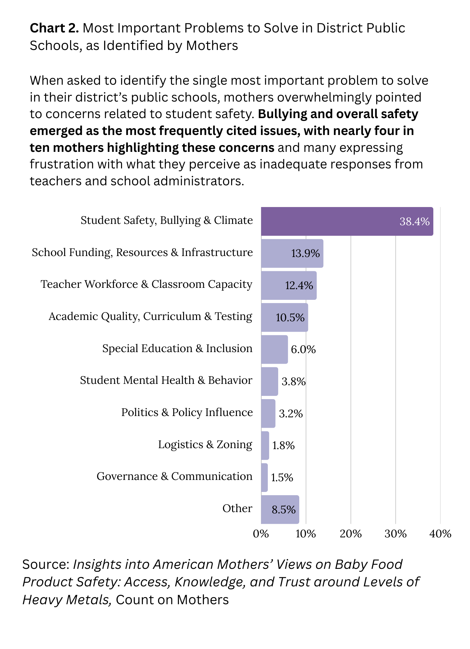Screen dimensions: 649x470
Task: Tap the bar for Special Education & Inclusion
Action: [x=274, y=349]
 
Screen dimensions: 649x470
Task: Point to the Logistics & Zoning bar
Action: [x=265, y=446]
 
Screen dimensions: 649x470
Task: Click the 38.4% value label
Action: [x=414, y=222]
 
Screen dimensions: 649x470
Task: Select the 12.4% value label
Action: [x=299, y=286]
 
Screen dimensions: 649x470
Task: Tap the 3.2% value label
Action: [x=291, y=414]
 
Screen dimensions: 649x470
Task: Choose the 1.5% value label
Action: [x=282, y=478]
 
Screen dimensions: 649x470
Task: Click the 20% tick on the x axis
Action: [x=351, y=534]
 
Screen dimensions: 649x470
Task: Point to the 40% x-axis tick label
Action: [x=440, y=534]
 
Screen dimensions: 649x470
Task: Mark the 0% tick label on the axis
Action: [x=261, y=534]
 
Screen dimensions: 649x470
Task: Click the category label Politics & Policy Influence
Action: [x=187, y=412]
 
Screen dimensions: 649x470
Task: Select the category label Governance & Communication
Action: [x=174, y=476]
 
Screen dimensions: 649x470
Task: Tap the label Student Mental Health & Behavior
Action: [x=166, y=380]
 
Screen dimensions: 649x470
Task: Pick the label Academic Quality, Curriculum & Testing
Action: [x=150, y=316]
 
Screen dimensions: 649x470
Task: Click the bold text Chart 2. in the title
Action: [x=54, y=28]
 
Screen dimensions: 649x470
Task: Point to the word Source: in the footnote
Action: [x=46, y=565]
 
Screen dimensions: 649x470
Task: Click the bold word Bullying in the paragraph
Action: [x=282, y=114]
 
